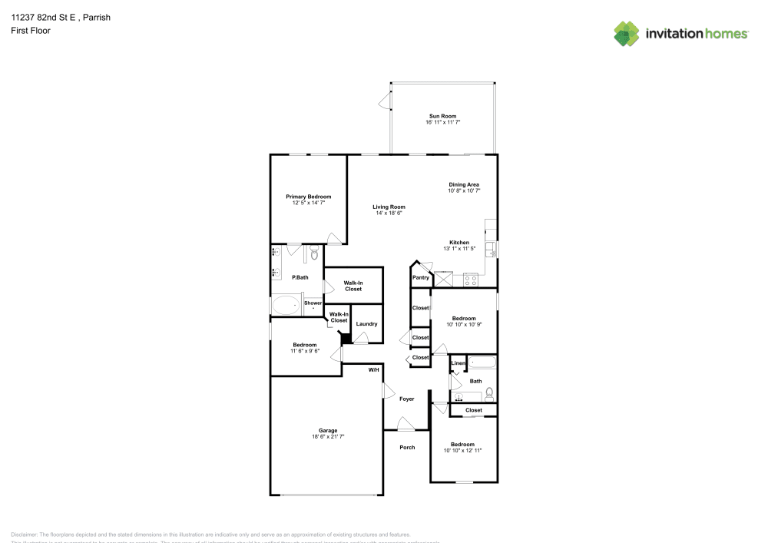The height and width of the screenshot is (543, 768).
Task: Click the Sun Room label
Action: click(x=442, y=116)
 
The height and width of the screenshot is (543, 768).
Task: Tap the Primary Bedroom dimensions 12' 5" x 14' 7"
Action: click(x=308, y=204)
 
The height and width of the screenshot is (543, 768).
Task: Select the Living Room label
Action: click(x=389, y=207)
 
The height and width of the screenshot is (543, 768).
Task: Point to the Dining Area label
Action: click(x=464, y=184)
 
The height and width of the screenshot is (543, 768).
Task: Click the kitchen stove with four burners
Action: click(x=470, y=280)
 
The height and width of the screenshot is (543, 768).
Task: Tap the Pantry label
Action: click(x=420, y=277)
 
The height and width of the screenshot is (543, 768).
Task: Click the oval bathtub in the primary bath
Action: click(x=286, y=306)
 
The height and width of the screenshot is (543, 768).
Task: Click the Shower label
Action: click(x=313, y=303)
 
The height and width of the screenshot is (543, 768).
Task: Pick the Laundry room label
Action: click(x=366, y=323)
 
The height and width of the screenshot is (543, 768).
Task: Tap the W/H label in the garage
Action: click(x=373, y=370)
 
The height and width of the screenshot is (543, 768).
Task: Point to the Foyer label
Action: click(x=406, y=399)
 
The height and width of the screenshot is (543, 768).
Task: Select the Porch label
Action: click(x=407, y=447)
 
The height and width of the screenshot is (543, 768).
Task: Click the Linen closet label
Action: click(x=458, y=363)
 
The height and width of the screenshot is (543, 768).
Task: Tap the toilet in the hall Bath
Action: click(x=489, y=393)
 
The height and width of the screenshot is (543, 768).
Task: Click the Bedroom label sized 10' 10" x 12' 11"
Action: click(x=462, y=445)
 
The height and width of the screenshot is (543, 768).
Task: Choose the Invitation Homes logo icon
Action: click(x=626, y=33)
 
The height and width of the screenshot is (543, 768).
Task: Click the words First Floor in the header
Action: click(x=31, y=31)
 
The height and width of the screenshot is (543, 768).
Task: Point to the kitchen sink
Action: click(x=492, y=247)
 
